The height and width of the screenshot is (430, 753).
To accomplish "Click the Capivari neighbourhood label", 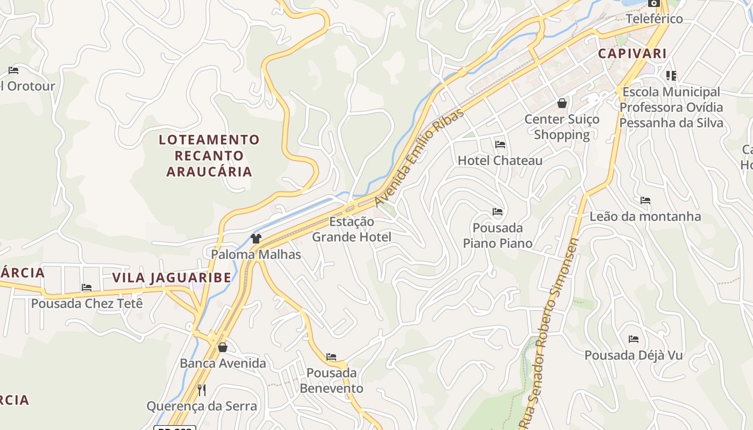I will coord(632,54).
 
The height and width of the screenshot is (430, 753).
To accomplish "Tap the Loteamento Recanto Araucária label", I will coord(209,156).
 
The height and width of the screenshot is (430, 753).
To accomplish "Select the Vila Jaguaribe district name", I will coord(172,278).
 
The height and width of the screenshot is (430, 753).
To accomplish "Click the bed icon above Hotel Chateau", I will coord(500,145).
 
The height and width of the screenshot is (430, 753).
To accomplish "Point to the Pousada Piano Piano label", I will coord(498,235).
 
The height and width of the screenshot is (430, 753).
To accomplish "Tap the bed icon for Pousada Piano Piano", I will coord(498,212).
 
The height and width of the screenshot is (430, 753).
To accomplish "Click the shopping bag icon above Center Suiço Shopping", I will coord(562,103).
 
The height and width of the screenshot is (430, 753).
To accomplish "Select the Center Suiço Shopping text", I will coord(562,127).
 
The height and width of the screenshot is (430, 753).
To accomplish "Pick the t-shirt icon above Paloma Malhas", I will coord(256,238).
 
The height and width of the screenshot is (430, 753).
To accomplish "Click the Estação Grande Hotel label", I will coord(352,229).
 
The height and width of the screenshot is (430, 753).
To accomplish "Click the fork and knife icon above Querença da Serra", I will coord(202,390).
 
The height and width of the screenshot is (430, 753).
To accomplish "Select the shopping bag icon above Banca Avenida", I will coord(223,347).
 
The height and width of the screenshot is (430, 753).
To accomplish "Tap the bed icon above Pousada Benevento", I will coord(331,356).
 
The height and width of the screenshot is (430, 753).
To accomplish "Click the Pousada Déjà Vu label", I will coord(633,355).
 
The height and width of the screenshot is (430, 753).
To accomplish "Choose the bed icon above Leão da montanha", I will coord(645,200).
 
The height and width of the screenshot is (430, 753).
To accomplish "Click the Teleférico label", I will coord(654,19).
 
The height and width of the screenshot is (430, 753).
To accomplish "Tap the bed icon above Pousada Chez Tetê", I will coord(87,288).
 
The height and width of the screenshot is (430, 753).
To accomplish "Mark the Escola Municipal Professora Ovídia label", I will coord(671,107).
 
